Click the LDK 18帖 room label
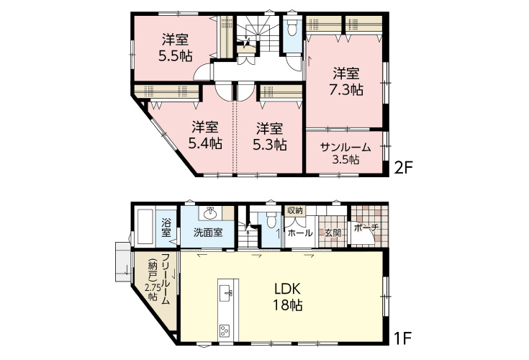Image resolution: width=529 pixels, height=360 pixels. pos(287,297)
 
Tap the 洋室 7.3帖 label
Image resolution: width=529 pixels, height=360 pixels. pos(346,81)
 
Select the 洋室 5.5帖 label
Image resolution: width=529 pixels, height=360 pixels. pos(176,48)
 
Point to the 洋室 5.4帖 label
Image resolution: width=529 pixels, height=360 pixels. pos(205,135)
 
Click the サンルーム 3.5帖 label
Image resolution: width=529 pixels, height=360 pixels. pos(345,153)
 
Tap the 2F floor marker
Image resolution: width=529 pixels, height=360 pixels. pos(404,167)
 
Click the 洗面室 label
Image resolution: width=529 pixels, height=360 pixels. pos(208,233)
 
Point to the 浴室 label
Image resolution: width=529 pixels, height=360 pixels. pos(166,228)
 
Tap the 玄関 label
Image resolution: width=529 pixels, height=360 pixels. pos(333,233)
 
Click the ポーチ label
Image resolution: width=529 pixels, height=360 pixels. pos(366,228)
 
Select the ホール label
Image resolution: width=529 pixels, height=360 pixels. pos(300,233)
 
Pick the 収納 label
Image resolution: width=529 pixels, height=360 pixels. pos(294,211)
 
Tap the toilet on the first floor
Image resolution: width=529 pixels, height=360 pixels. pos(271,220)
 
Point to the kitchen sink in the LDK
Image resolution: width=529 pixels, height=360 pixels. pos(226,293)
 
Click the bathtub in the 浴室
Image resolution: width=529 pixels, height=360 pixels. pos(145,228)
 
